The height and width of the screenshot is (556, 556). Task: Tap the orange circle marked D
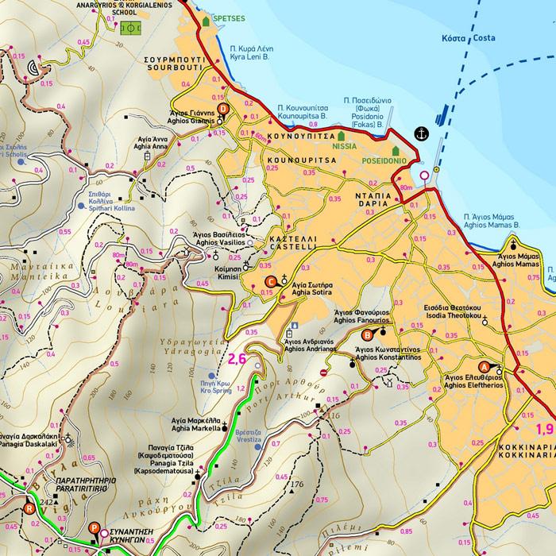coord(223,110)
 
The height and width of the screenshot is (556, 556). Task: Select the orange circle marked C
coord(269,281)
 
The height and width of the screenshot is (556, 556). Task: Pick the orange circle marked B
coord(367,334)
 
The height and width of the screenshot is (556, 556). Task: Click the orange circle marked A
coord(485,368)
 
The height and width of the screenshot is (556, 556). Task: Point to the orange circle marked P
coord(95,527)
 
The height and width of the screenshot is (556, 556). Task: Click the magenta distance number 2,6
coord(237,359)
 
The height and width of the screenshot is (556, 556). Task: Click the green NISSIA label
coord(345,147)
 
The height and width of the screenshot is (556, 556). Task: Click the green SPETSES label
coord(230,17)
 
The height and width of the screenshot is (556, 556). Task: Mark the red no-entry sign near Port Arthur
coord(323,372)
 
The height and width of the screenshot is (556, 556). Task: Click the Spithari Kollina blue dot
coord(82,205)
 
